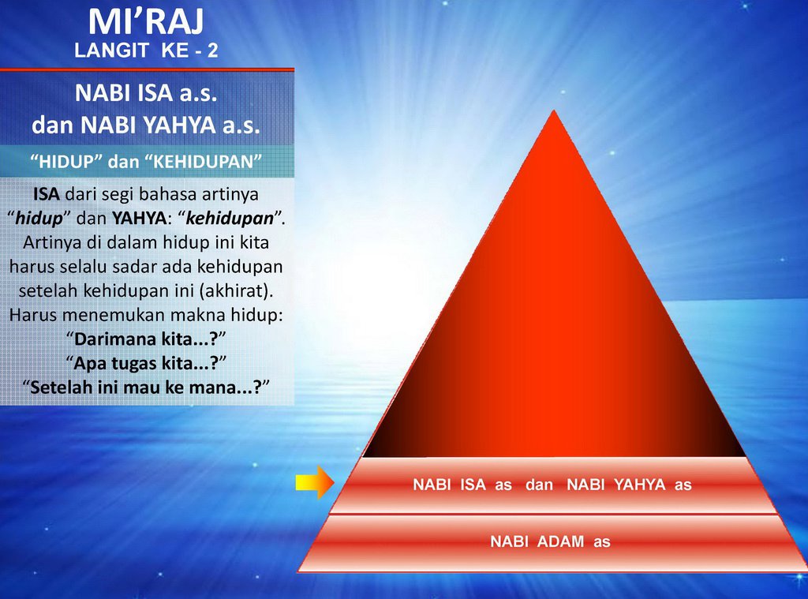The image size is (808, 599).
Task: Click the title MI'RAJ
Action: [146, 21]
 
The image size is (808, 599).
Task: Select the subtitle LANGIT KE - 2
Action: [146, 52]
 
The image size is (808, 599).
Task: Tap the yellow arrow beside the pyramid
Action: [315, 483]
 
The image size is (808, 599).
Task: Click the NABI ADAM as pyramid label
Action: [550, 542]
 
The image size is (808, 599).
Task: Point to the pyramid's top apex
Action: [555, 112]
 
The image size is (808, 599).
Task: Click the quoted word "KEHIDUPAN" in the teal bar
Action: [208, 162]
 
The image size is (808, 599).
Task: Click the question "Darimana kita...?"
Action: [146, 339]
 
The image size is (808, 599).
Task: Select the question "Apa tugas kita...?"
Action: [146, 364]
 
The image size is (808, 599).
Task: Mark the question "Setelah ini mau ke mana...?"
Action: [146, 389]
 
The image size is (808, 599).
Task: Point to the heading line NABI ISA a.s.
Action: [146, 94]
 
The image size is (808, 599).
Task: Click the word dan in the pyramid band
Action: [539, 485]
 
